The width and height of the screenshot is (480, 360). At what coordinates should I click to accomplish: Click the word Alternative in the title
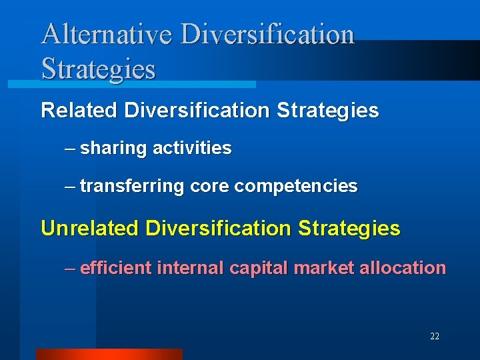(x=107, y=35)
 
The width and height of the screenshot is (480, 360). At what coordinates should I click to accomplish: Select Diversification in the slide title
(x=267, y=35)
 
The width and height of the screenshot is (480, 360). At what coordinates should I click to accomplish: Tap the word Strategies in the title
(x=98, y=69)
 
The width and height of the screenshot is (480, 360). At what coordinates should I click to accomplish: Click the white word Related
(x=80, y=110)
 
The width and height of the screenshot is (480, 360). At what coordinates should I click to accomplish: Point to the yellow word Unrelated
(x=90, y=229)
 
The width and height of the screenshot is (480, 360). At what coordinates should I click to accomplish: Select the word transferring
(x=132, y=186)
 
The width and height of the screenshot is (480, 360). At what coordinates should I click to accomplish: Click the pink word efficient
(x=115, y=268)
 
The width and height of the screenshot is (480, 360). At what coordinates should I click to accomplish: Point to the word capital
(x=259, y=269)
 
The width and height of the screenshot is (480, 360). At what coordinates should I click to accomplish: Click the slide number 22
(x=435, y=337)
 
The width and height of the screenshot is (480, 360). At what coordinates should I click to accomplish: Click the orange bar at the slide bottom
(x=109, y=354)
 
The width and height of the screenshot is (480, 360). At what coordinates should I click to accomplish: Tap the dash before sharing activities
(x=70, y=149)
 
